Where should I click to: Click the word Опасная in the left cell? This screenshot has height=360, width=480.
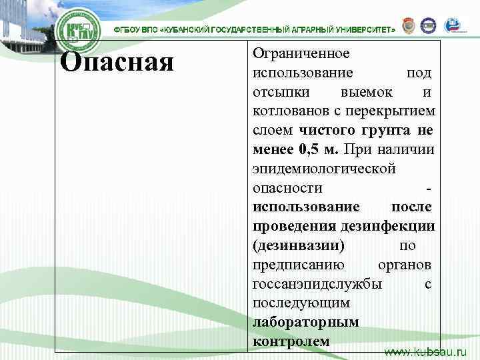pos(117,63)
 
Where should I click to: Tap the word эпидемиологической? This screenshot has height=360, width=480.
pos(324,168)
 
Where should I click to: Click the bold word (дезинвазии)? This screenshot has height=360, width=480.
pos(299,245)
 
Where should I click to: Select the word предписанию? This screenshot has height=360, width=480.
pos(299,265)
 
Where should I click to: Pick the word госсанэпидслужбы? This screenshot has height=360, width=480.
pos(318,284)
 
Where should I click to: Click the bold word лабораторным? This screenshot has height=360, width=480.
pos(306,323)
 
